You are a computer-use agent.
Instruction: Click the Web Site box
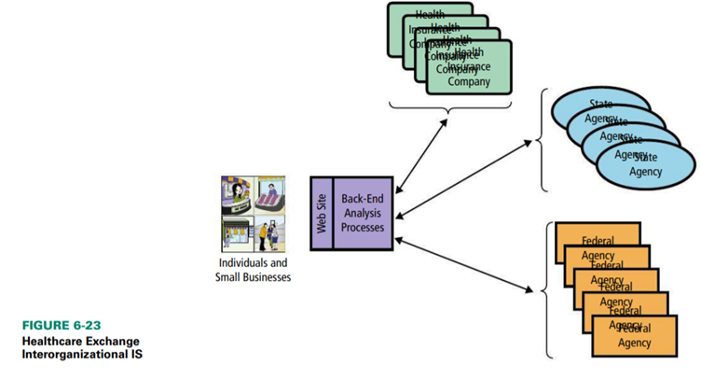319,211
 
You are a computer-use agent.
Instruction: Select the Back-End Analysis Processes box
363,212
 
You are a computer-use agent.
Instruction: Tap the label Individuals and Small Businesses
253,270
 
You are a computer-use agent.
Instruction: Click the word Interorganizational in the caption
58,355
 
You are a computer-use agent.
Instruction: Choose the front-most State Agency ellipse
644,165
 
